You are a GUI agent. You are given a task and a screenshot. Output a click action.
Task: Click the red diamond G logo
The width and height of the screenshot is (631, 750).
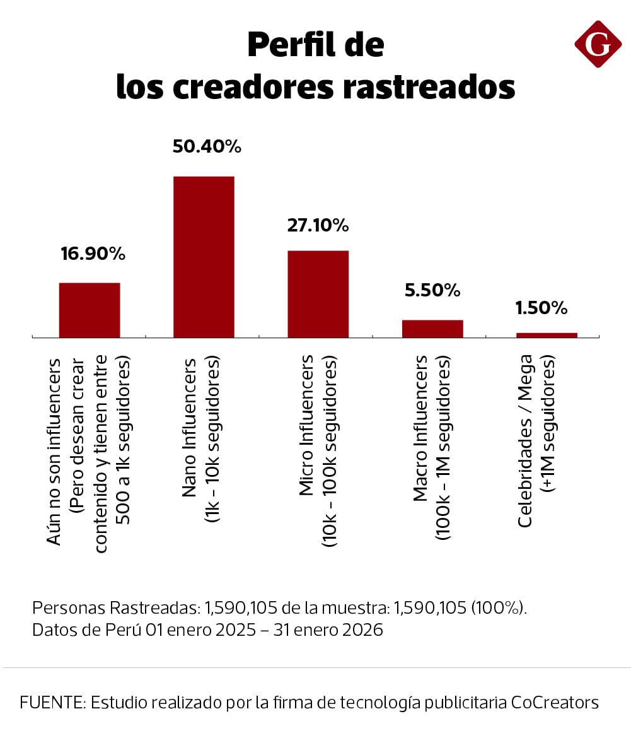[x=598, y=44]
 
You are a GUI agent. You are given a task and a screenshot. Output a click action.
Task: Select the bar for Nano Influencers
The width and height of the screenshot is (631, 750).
[x=204, y=257]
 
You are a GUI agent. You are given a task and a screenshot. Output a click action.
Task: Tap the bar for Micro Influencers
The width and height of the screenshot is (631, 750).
[x=318, y=294]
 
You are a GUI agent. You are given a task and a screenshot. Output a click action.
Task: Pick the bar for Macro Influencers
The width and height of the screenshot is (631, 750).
[x=432, y=329]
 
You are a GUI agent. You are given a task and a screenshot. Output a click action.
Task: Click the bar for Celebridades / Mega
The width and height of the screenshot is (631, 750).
[x=547, y=335]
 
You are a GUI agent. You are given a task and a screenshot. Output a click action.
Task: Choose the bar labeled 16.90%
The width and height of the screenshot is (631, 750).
[x=90, y=310]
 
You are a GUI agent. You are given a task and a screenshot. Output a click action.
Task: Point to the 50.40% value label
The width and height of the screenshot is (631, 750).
[x=207, y=147]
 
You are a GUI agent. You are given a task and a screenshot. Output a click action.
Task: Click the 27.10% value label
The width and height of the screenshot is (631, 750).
[x=318, y=225]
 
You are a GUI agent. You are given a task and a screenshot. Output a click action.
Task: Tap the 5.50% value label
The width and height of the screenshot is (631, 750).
[x=432, y=290]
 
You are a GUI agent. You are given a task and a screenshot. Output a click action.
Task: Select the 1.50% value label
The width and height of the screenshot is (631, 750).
[x=541, y=308]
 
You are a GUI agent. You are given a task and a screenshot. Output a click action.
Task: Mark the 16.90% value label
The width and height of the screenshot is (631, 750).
[x=93, y=254]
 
